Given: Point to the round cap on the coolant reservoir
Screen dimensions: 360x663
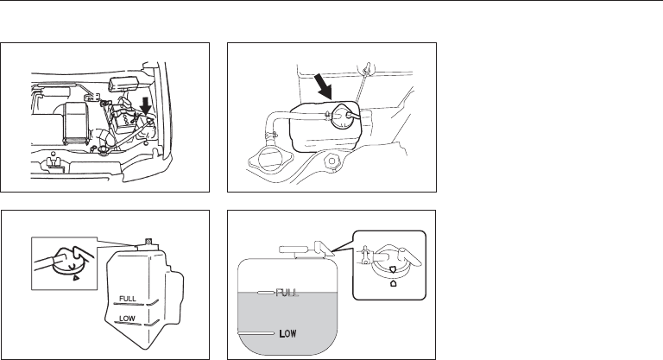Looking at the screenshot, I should [x=344, y=115].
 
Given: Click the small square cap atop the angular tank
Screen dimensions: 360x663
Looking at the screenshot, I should [x=148, y=241].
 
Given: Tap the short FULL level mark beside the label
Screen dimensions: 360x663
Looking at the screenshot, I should [x=264, y=294].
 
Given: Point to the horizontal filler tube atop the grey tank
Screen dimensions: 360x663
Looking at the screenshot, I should [x=299, y=253].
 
